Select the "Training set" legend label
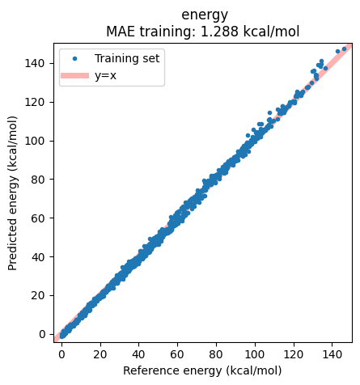click(x=128, y=58)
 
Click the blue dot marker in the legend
click(x=75, y=58)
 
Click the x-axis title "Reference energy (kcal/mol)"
click(x=202, y=370)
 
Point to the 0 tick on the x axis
click(x=61, y=353)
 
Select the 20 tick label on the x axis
click(x=100, y=353)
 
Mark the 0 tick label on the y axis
click(x=43, y=334)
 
